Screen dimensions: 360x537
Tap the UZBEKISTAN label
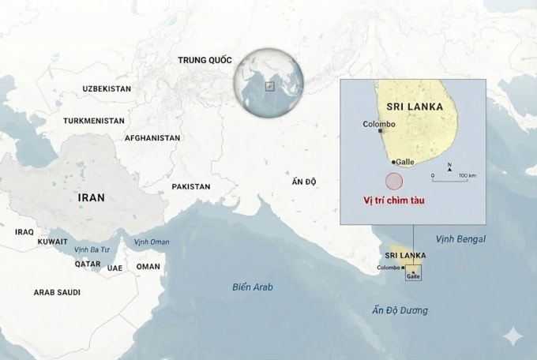click(107, 89)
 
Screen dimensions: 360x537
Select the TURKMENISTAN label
click(94, 122)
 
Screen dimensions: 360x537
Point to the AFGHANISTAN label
click(152, 138)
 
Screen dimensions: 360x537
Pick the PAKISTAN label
click(191, 187)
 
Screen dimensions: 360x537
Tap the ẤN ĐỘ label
click(303, 182)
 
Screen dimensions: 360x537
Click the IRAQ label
click(24, 232)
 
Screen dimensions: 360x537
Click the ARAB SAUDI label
click(57, 292)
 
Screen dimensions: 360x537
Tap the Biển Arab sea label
click(253, 287)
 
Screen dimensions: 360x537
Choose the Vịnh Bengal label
click(460, 238)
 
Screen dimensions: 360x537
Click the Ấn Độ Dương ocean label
click(400, 310)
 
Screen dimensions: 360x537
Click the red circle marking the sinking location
click(392, 178)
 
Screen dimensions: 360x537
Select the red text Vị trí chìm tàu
click(393, 201)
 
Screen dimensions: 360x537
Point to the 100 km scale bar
click(449, 179)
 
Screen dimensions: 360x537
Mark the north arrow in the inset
click(449, 167)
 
